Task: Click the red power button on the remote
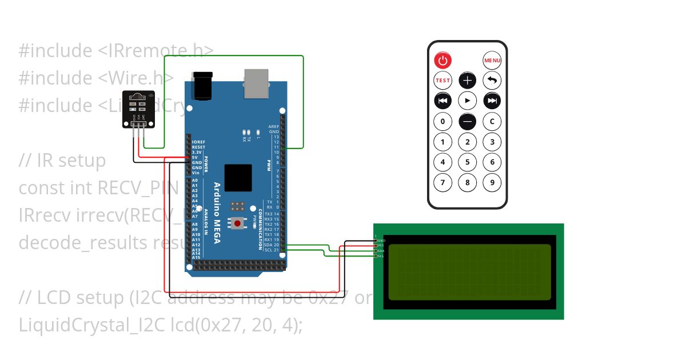click(443, 60)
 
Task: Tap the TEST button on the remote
click(443, 81)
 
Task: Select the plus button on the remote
click(468, 81)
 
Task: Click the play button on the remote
click(468, 101)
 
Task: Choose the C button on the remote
click(492, 121)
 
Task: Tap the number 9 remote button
click(492, 182)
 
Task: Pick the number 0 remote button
click(443, 121)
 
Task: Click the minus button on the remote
click(468, 121)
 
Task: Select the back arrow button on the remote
click(492, 81)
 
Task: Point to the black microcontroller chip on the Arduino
click(238, 178)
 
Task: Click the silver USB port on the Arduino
click(256, 83)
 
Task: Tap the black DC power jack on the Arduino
click(203, 85)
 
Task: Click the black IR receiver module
click(138, 109)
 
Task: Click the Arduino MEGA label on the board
click(217, 213)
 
